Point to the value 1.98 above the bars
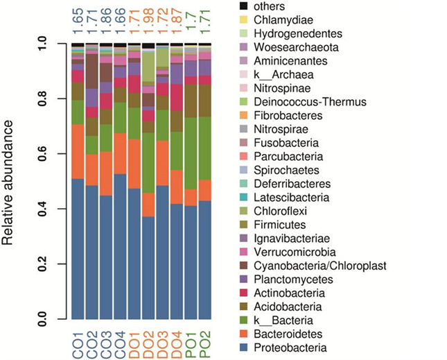pyautogui.click(x=148, y=20)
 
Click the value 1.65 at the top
pyautogui.click(x=78, y=20)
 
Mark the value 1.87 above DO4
pyautogui.click(x=176, y=20)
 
